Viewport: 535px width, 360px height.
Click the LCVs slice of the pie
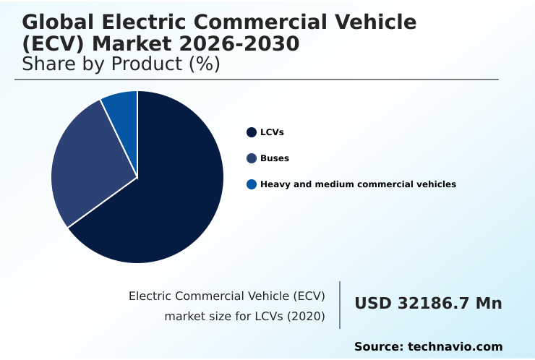tap(174, 195)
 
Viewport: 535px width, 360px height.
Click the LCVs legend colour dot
tap(252, 132)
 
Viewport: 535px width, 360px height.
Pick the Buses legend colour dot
tap(252, 158)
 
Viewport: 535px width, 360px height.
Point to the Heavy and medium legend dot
tap(252, 184)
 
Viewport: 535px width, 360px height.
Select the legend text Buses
tap(274, 158)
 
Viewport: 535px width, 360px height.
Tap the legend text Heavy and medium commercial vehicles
tap(358, 184)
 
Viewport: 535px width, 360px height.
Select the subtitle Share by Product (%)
tap(121, 64)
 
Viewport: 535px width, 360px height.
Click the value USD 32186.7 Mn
tap(428, 304)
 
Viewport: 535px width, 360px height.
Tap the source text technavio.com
tap(455, 347)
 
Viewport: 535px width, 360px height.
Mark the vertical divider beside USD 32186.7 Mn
tap(340, 305)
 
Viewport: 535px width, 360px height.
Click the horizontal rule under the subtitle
tap(257, 80)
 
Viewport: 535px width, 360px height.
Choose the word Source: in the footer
tap(378, 347)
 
